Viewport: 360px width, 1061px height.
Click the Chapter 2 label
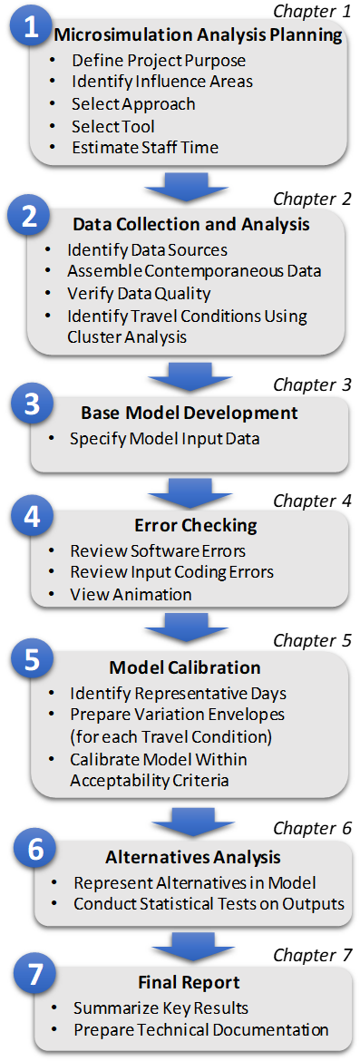coord(313,200)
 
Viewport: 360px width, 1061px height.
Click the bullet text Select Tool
coord(113,127)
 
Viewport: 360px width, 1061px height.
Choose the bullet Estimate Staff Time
coord(134,148)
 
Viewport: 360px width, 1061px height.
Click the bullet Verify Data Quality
coord(139,294)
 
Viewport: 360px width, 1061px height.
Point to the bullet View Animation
coord(131,594)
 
